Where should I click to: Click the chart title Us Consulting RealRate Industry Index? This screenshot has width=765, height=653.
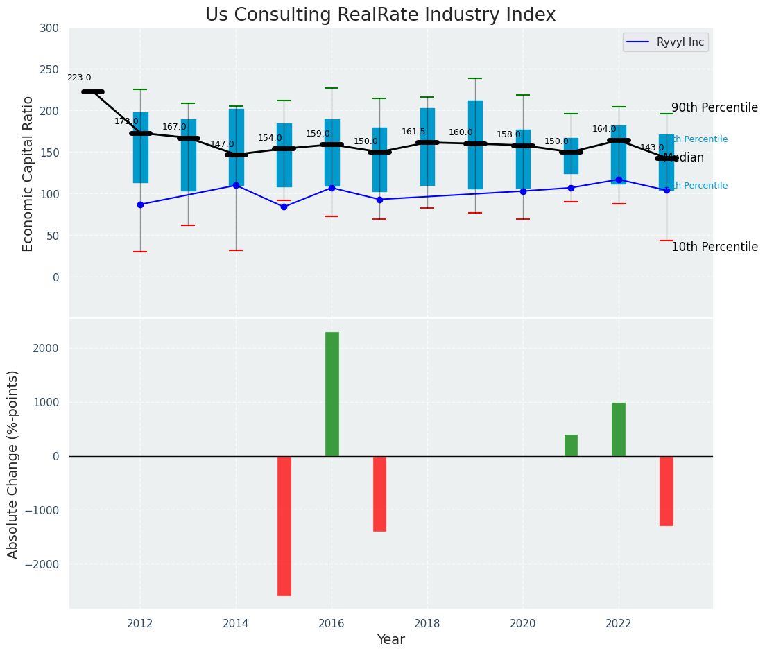pyautogui.click(x=380, y=15)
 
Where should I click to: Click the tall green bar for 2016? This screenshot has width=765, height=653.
pyautogui.click(x=332, y=394)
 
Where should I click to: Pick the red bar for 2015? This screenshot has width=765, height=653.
pyautogui.click(x=284, y=525)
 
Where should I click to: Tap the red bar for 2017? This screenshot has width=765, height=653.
pyautogui.click(x=379, y=494)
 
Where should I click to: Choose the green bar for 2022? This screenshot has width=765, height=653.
pyautogui.click(x=619, y=429)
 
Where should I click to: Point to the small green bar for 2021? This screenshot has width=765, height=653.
pyautogui.click(x=571, y=445)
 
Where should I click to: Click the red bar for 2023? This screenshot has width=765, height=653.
pyautogui.click(x=667, y=491)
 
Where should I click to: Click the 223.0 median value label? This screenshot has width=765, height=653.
pyautogui.click(x=79, y=78)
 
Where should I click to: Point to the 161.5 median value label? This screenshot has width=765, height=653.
pyautogui.click(x=413, y=132)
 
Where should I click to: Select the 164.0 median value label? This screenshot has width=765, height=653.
pyautogui.click(x=604, y=129)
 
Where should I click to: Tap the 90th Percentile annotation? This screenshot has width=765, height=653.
pyautogui.click(x=714, y=108)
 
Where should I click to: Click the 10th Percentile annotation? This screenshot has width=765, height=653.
pyautogui.click(x=714, y=247)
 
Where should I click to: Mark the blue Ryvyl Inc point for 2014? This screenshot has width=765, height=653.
pyautogui.click(x=236, y=185)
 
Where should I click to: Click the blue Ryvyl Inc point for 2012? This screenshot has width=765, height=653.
pyautogui.click(x=140, y=204)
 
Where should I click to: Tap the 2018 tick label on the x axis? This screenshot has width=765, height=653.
pyautogui.click(x=427, y=623)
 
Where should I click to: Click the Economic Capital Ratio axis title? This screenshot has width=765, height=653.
pyautogui.click(x=28, y=173)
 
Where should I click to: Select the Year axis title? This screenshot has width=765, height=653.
pyautogui.click(x=390, y=640)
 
